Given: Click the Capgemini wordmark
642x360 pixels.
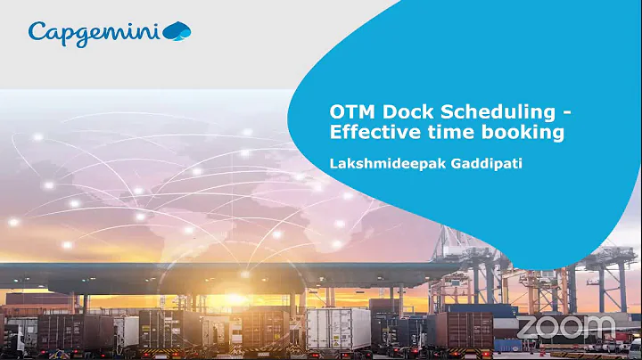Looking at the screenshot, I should pyautogui.click(x=93, y=33).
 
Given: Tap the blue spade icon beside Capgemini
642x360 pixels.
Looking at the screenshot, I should pyautogui.click(x=177, y=32).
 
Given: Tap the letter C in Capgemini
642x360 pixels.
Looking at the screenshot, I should pyautogui.click(x=37, y=32).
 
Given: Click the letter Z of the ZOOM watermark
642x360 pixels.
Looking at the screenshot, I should pyautogui.click(x=528, y=326).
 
